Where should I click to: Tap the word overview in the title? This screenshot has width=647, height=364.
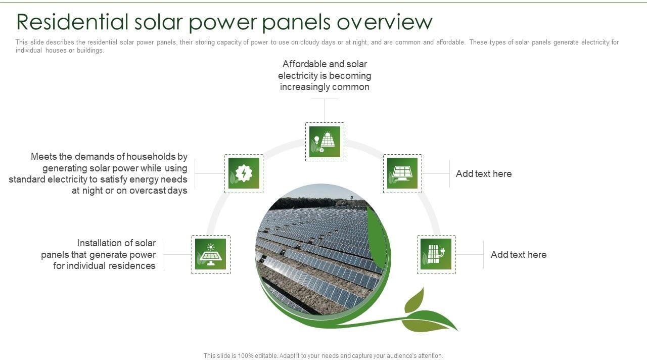coord(385,22)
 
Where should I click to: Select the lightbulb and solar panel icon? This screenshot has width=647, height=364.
coord(325,142)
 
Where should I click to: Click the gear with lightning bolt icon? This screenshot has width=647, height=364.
coord(244,173)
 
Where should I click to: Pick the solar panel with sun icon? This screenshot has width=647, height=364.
coord(211,254)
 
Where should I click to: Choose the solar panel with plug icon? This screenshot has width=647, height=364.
coord(436,254)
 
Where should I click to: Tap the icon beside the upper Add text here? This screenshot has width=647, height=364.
coord(402,173)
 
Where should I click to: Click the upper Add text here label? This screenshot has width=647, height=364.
coord(484,173)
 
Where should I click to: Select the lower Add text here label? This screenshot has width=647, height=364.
coord(519,254)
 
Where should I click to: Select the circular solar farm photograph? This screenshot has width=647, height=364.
coord(322,249)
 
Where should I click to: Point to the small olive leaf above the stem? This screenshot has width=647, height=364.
coord(415,300)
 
